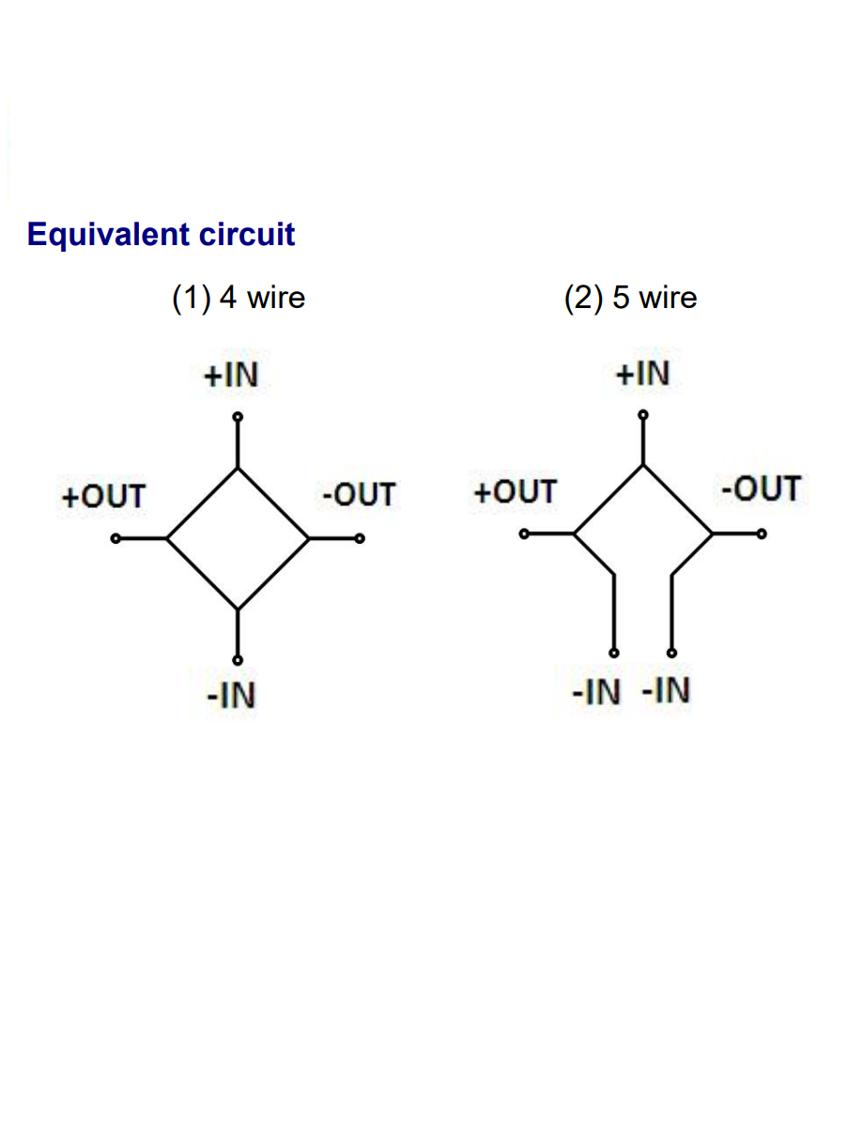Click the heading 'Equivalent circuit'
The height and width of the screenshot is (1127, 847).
[x=162, y=234]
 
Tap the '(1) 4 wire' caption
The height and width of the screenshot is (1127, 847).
[x=239, y=298]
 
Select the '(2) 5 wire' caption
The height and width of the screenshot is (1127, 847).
[x=630, y=298]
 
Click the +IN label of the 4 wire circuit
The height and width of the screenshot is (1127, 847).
[x=230, y=376]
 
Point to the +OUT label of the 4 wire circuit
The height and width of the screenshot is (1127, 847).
[x=103, y=496]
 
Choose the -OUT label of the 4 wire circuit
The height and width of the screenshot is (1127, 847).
[x=359, y=494]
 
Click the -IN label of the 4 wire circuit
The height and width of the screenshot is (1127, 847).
[x=231, y=696]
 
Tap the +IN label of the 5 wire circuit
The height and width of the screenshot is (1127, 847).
[x=642, y=374]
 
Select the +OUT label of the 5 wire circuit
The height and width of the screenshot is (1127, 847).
[x=515, y=491]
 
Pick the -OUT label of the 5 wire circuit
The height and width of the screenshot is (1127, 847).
[x=762, y=488]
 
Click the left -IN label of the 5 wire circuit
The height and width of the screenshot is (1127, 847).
[x=596, y=692]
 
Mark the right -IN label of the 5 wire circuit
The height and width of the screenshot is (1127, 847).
[x=666, y=691]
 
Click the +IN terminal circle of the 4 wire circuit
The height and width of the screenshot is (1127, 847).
[x=238, y=416]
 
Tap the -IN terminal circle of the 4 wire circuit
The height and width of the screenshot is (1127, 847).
[x=238, y=659]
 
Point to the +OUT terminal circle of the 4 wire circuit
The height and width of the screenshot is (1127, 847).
[x=115, y=539]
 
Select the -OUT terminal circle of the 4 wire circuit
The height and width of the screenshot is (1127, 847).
[x=360, y=539]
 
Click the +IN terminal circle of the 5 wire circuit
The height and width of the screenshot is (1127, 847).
[x=642, y=414]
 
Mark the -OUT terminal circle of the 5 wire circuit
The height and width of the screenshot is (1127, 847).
[x=762, y=533]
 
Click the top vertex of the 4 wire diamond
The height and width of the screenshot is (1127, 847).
[x=238, y=468]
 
